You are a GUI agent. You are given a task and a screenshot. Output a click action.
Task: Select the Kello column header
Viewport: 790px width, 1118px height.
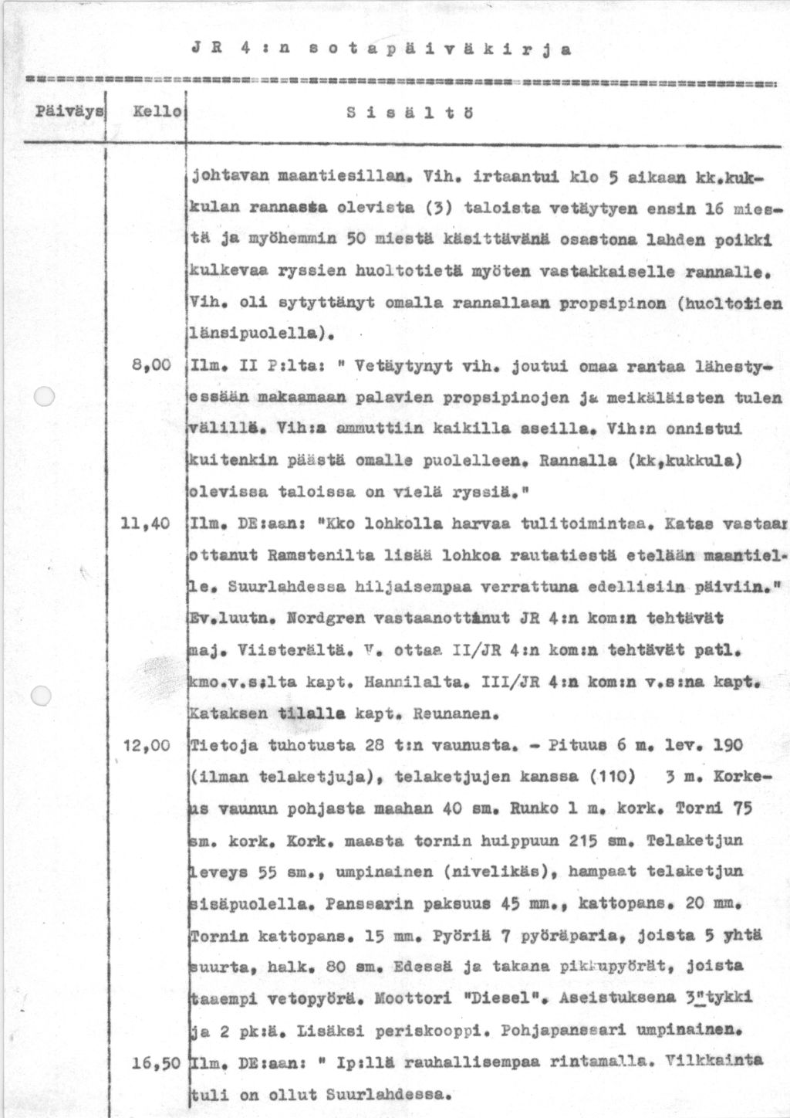157,112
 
